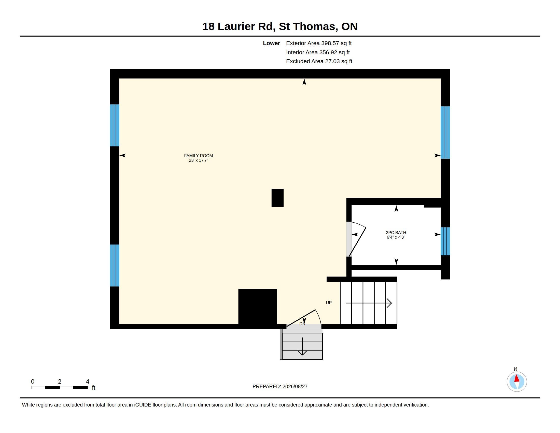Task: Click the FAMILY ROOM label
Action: (198, 155)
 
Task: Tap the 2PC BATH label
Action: (396, 232)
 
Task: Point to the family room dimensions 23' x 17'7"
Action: (198, 160)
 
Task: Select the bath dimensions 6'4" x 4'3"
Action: (396, 237)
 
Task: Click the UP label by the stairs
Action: (329, 303)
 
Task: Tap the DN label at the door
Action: (302, 324)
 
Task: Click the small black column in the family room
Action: (277, 198)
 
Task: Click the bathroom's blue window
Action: (445, 241)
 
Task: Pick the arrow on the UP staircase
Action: (369, 303)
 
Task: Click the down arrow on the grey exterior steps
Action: (302, 346)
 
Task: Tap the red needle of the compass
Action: (517, 378)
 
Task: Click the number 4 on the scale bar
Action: (87, 382)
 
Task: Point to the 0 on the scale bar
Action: (33, 382)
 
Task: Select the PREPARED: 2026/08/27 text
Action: (280, 386)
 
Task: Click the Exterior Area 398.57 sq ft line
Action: (319, 43)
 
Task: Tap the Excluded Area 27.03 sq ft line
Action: (319, 61)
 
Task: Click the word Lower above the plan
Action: (271, 43)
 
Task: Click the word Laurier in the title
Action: (246, 26)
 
